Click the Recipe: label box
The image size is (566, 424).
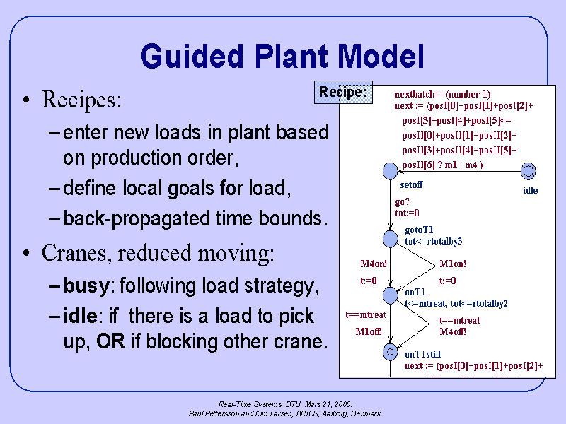click(343, 92)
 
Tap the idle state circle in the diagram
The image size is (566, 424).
click(528, 170)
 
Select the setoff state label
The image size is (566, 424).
click(412, 185)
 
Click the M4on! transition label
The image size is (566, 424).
click(374, 264)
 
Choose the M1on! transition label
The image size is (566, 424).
click(453, 264)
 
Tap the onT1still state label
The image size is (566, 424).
click(424, 354)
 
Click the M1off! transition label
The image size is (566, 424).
click(369, 331)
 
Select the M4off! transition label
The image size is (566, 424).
click(453, 331)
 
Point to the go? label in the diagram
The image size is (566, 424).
click(402, 201)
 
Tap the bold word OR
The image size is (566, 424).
click(110, 342)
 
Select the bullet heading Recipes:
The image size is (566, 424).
click(82, 100)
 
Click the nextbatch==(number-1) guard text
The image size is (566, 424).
click(442, 94)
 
